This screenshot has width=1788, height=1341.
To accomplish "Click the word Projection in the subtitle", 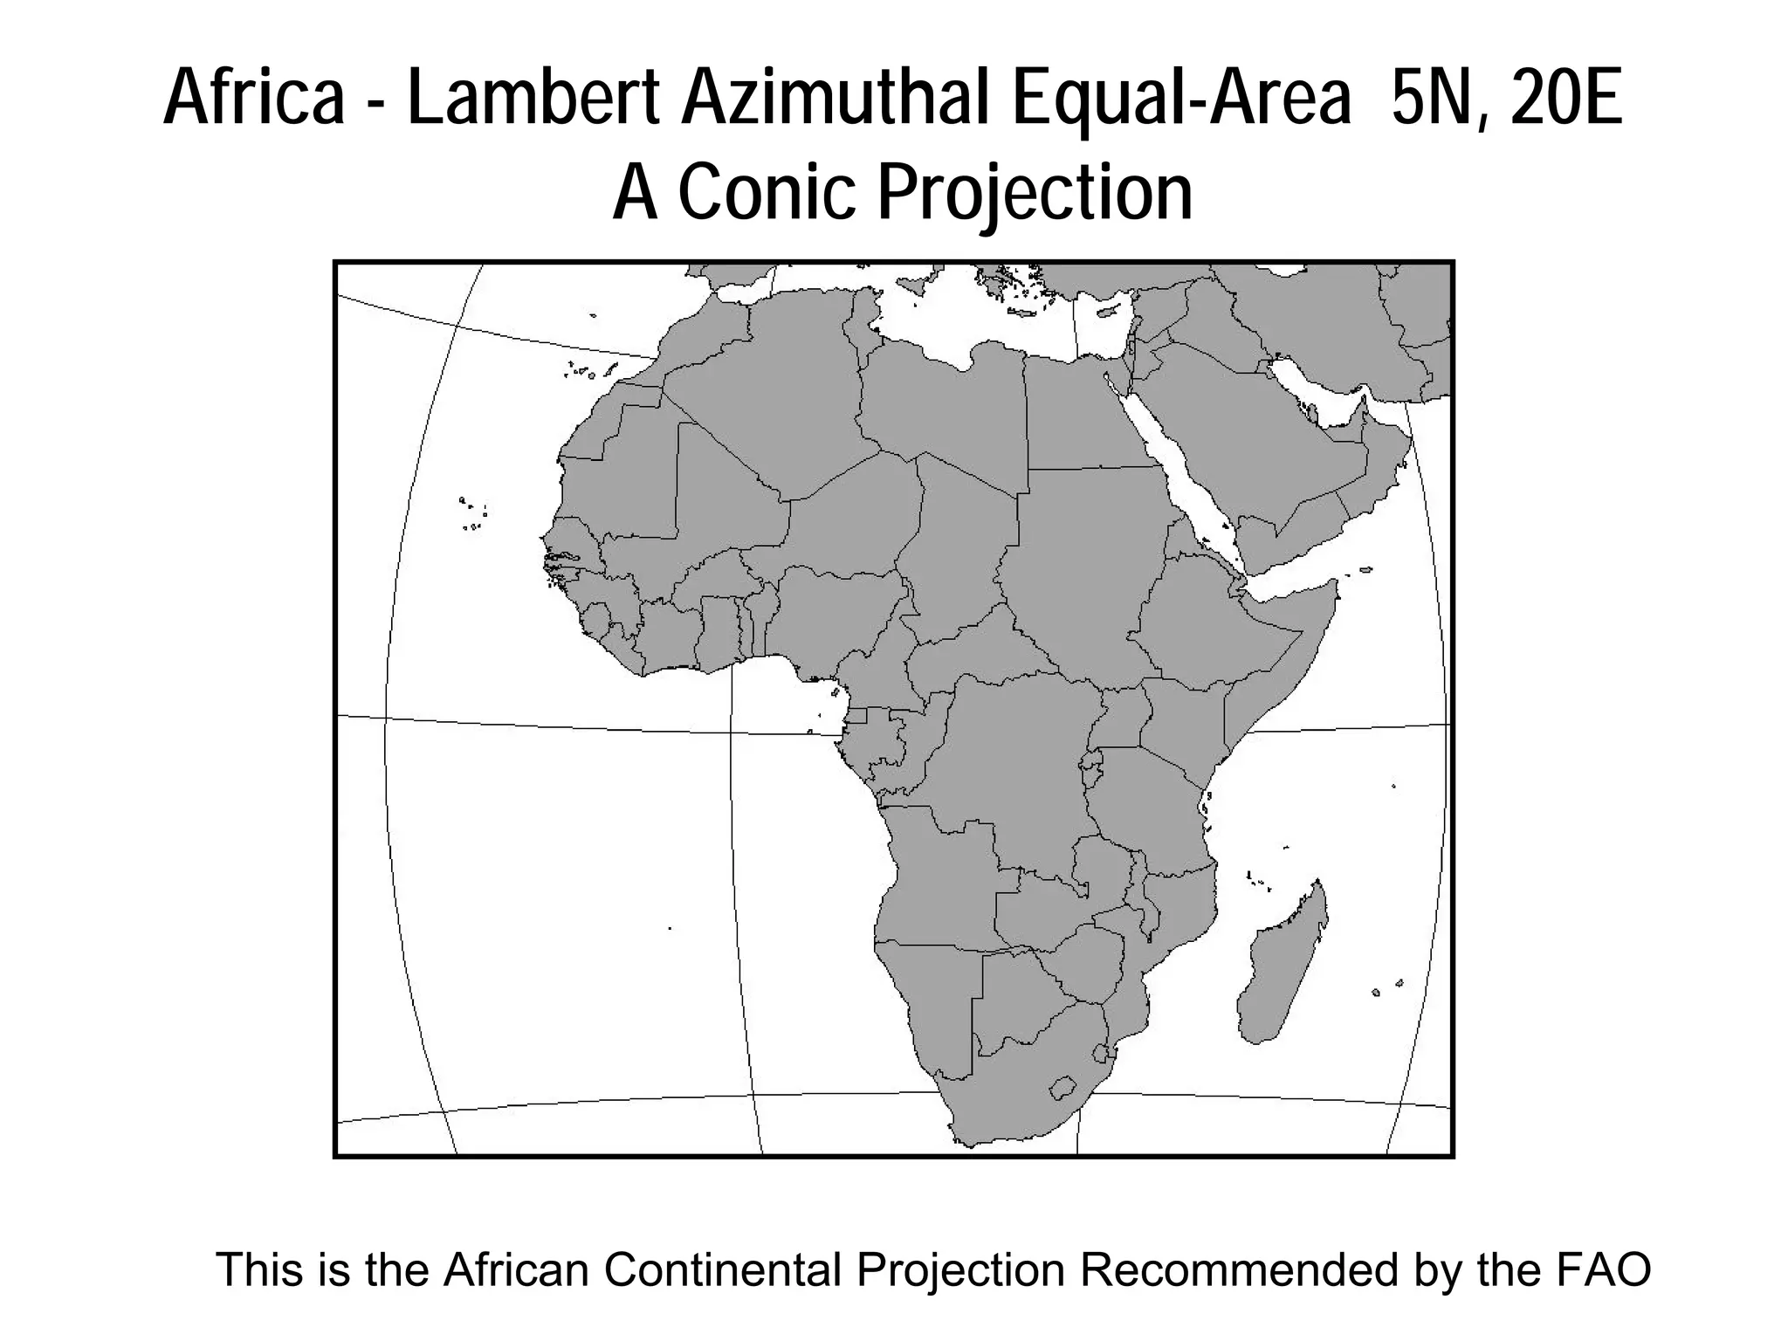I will point(1035,194).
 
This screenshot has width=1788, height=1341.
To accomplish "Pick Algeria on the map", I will point(768,393).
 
